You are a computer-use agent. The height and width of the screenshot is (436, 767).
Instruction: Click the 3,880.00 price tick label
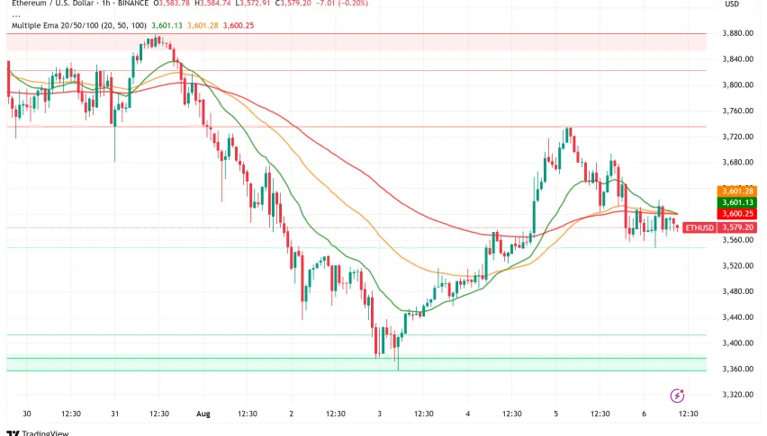737,33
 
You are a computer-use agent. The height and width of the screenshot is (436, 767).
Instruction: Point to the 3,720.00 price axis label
737,137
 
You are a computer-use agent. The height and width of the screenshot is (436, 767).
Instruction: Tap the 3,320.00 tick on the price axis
737,395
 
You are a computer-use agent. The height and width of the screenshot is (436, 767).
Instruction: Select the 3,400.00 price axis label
737,343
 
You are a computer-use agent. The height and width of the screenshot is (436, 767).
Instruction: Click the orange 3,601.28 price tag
735,191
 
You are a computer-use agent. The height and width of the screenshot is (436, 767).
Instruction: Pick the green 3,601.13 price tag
735,202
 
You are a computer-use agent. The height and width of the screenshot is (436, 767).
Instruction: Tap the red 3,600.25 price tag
735,214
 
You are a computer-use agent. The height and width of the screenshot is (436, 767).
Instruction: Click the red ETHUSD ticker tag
700,228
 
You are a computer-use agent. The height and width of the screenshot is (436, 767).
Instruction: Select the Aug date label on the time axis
203,414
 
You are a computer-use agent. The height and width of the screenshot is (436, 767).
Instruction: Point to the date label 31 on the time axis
115,414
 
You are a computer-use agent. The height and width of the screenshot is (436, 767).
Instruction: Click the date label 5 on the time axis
555,414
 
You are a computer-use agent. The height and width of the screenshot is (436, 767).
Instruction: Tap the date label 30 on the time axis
27,414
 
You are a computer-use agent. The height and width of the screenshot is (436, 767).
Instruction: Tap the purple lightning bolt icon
677,396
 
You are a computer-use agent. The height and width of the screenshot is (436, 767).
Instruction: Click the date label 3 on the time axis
380,414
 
